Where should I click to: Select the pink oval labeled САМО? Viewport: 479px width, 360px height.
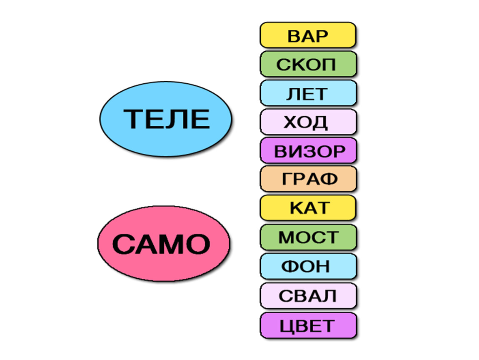point(164,243)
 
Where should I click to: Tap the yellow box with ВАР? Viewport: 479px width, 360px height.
point(308,35)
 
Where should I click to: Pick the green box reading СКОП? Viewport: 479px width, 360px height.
point(308,65)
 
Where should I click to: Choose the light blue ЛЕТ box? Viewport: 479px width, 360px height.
point(308,93)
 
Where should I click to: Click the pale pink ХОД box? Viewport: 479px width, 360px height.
point(308,122)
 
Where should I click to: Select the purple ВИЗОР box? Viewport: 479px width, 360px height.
point(308,151)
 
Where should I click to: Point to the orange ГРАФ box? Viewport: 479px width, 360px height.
point(308,180)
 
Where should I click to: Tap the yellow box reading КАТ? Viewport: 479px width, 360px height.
point(308,208)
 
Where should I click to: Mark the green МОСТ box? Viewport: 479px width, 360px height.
point(308,237)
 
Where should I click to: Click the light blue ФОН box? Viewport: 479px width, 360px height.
point(308,266)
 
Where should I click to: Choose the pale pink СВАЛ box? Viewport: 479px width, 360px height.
point(308,296)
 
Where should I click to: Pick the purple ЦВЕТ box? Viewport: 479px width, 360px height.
point(308,325)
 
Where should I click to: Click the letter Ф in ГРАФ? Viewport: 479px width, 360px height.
point(329,180)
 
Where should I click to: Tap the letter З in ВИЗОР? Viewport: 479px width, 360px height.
point(310,151)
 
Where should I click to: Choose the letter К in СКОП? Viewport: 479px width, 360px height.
point(298,65)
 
